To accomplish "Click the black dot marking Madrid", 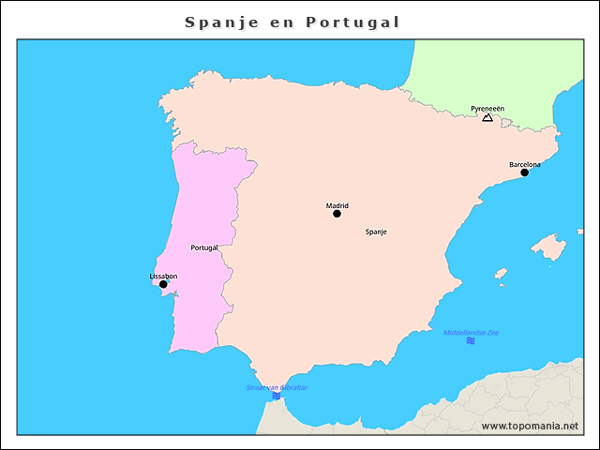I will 337,214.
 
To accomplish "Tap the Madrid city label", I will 337,205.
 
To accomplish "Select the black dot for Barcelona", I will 524,172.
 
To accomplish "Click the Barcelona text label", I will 525,164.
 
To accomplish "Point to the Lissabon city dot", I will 163,284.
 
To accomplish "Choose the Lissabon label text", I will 163,277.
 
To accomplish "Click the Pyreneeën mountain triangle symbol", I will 487,117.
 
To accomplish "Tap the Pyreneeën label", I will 487,109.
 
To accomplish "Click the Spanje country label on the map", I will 376,231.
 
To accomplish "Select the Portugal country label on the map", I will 204,247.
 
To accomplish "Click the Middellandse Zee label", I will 472,332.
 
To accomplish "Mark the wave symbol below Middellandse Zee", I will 471,340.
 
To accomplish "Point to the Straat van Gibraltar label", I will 277,387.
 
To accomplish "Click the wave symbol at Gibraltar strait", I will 276,396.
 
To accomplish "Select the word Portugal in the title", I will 353,22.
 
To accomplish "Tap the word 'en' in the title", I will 279,22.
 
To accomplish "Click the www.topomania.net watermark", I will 530,426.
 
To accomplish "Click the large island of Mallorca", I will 548,247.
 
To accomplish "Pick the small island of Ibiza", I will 500,276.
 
